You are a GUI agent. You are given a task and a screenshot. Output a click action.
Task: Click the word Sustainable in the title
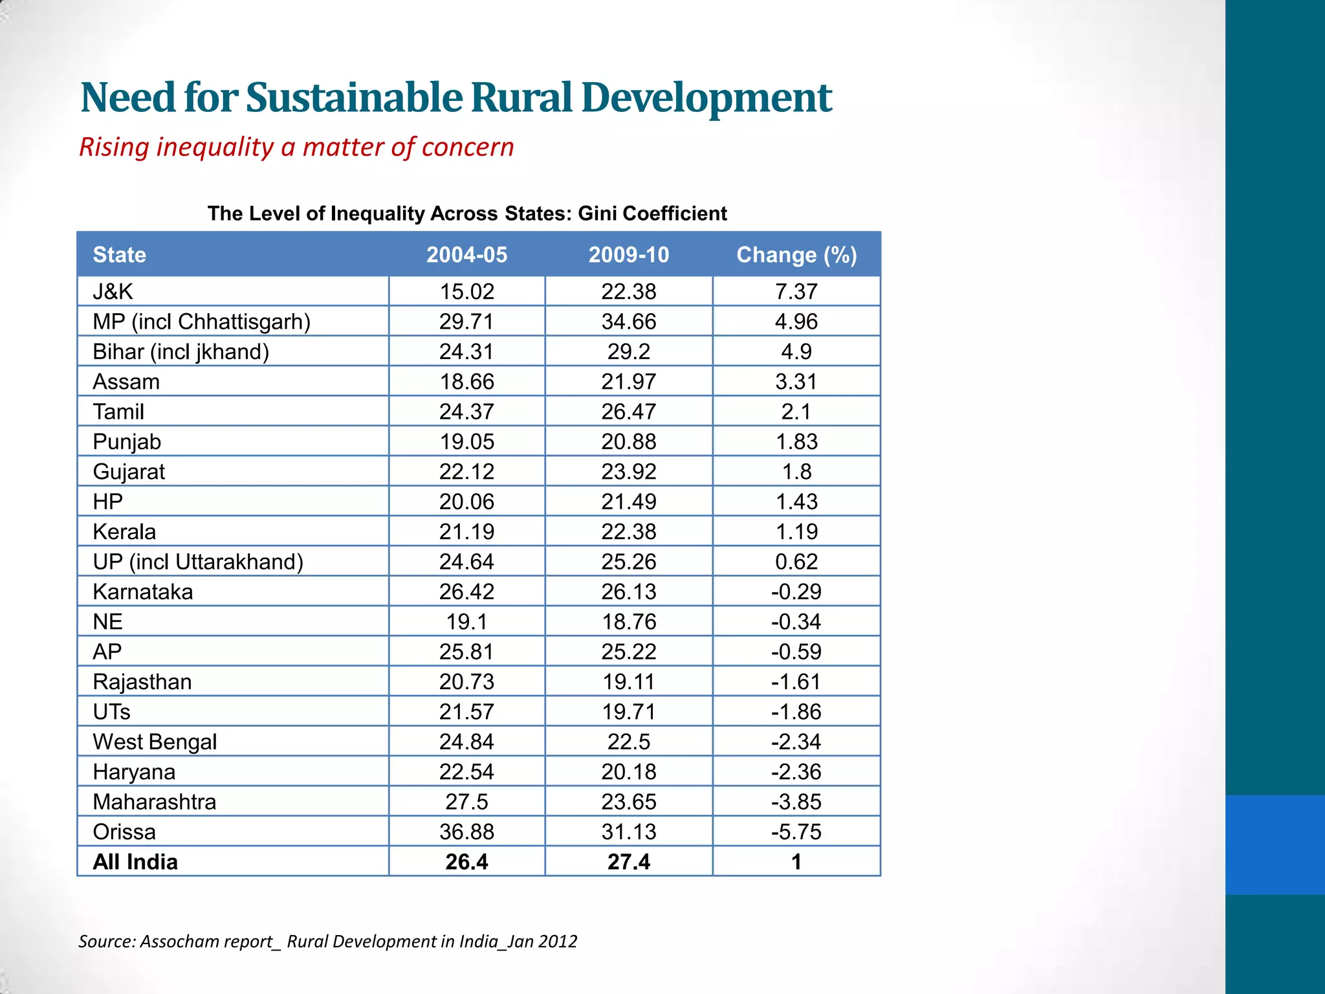(354, 98)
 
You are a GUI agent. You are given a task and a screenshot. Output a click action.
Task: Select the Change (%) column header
(796, 255)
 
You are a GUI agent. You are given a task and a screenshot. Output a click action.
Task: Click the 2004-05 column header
(466, 255)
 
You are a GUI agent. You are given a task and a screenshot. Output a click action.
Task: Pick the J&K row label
(113, 292)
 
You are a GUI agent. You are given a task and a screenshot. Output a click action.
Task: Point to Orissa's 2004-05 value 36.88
(466, 832)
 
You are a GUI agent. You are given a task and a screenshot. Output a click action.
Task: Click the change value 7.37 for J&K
(796, 292)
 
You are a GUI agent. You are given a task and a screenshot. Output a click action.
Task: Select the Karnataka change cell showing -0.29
(796, 592)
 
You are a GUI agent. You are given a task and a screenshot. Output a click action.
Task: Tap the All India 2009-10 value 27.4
(628, 862)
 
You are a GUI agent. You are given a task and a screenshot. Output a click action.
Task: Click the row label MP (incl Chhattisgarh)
(201, 322)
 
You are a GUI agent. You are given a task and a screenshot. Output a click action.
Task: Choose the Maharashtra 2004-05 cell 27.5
(466, 802)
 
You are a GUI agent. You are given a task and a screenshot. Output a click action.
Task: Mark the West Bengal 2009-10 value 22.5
(628, 742)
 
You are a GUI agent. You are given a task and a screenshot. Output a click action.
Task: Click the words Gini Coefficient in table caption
(652, 214)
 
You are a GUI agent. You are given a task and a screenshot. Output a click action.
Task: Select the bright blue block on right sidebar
(1275, 845)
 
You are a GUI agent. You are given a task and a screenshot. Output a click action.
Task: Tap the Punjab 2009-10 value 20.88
(628, 442)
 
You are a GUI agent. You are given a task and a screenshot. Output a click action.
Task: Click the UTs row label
(111, 712)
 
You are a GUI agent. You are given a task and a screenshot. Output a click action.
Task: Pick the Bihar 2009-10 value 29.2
(628, 352)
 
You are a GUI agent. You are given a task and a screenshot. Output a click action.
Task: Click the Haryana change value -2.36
(796, 772)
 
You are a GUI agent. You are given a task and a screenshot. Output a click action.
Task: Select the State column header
(119, 255)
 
